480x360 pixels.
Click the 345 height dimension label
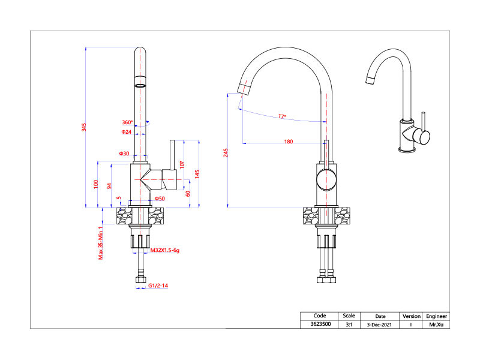pyautogui.click(x=85, y=127)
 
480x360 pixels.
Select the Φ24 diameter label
pyautogui.click(x=127, y=131)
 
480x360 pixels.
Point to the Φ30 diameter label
pyautogui.click(x=124, y=154)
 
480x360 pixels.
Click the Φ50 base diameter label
pyautogui.click(x=160, y=199)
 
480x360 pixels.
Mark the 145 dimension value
pyautogui.click(x=197, y=174)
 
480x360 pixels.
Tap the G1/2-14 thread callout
pyautogui.click(x=158, y=286)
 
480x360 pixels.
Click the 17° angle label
pyautogui.click(x=282, y=116)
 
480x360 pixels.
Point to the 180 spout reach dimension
pyautogui.click(x=289, y=142)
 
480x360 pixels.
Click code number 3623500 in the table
pyautogui.click(x=320, y=325)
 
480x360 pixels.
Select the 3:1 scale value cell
pyautogui.click(x=349, y=325)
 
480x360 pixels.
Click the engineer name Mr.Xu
pyautogui.click(x=436, y=325)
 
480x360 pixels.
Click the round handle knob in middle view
pyautogui.click(x=326, y=179)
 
